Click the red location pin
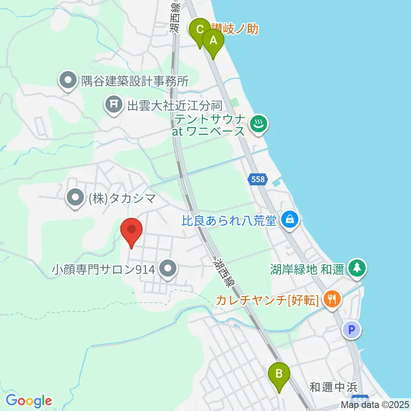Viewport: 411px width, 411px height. click(131, 231)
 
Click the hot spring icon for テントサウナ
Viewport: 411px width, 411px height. click(259, 125)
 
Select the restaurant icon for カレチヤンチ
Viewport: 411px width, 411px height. click(331, 298)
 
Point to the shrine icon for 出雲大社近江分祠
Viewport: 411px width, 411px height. click(113, 104)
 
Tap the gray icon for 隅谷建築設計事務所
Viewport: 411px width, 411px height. click(68, 80)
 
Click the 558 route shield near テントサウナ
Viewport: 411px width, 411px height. click(258, 179)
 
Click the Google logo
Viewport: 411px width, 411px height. click(28, 401)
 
